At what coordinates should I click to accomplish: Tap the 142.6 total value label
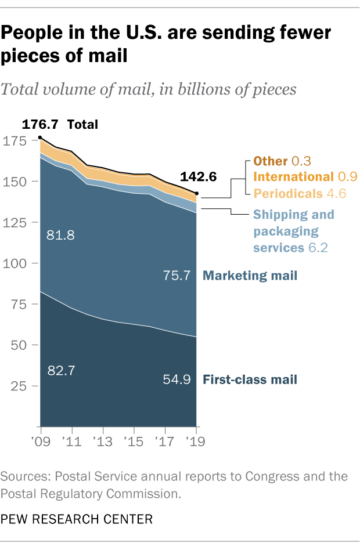[200, 177]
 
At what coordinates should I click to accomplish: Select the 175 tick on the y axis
[26, 141]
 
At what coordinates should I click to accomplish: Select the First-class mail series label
[250, 380]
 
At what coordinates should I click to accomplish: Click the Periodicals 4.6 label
[300, 193]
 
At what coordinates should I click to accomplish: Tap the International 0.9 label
[306, 177]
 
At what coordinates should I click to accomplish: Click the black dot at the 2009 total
[40, 137]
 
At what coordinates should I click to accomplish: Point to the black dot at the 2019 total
[197, 193]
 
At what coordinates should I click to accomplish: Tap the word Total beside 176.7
[83, 124]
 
